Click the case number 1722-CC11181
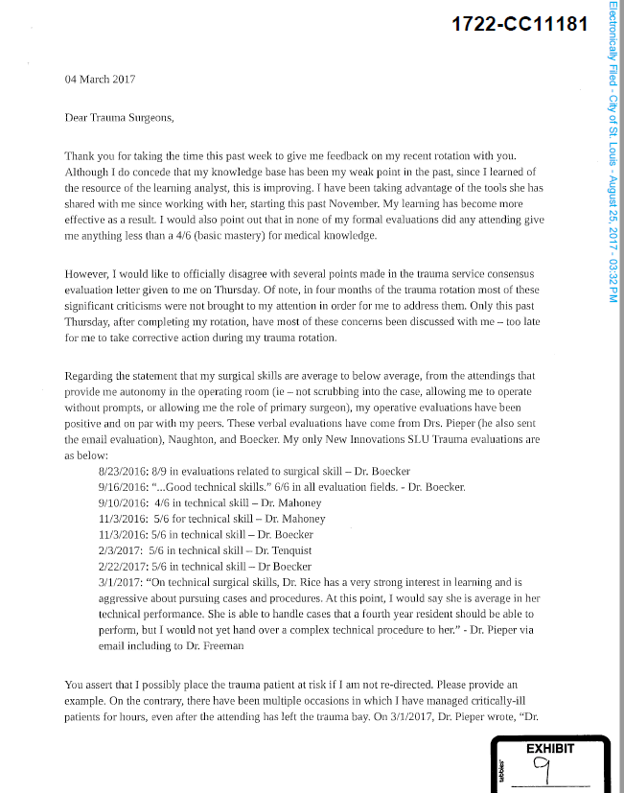[519, 23]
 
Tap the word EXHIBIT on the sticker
[549, 748]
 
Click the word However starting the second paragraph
[88, 274]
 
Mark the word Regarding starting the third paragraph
[93, 376]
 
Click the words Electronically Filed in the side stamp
[612, 40]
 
